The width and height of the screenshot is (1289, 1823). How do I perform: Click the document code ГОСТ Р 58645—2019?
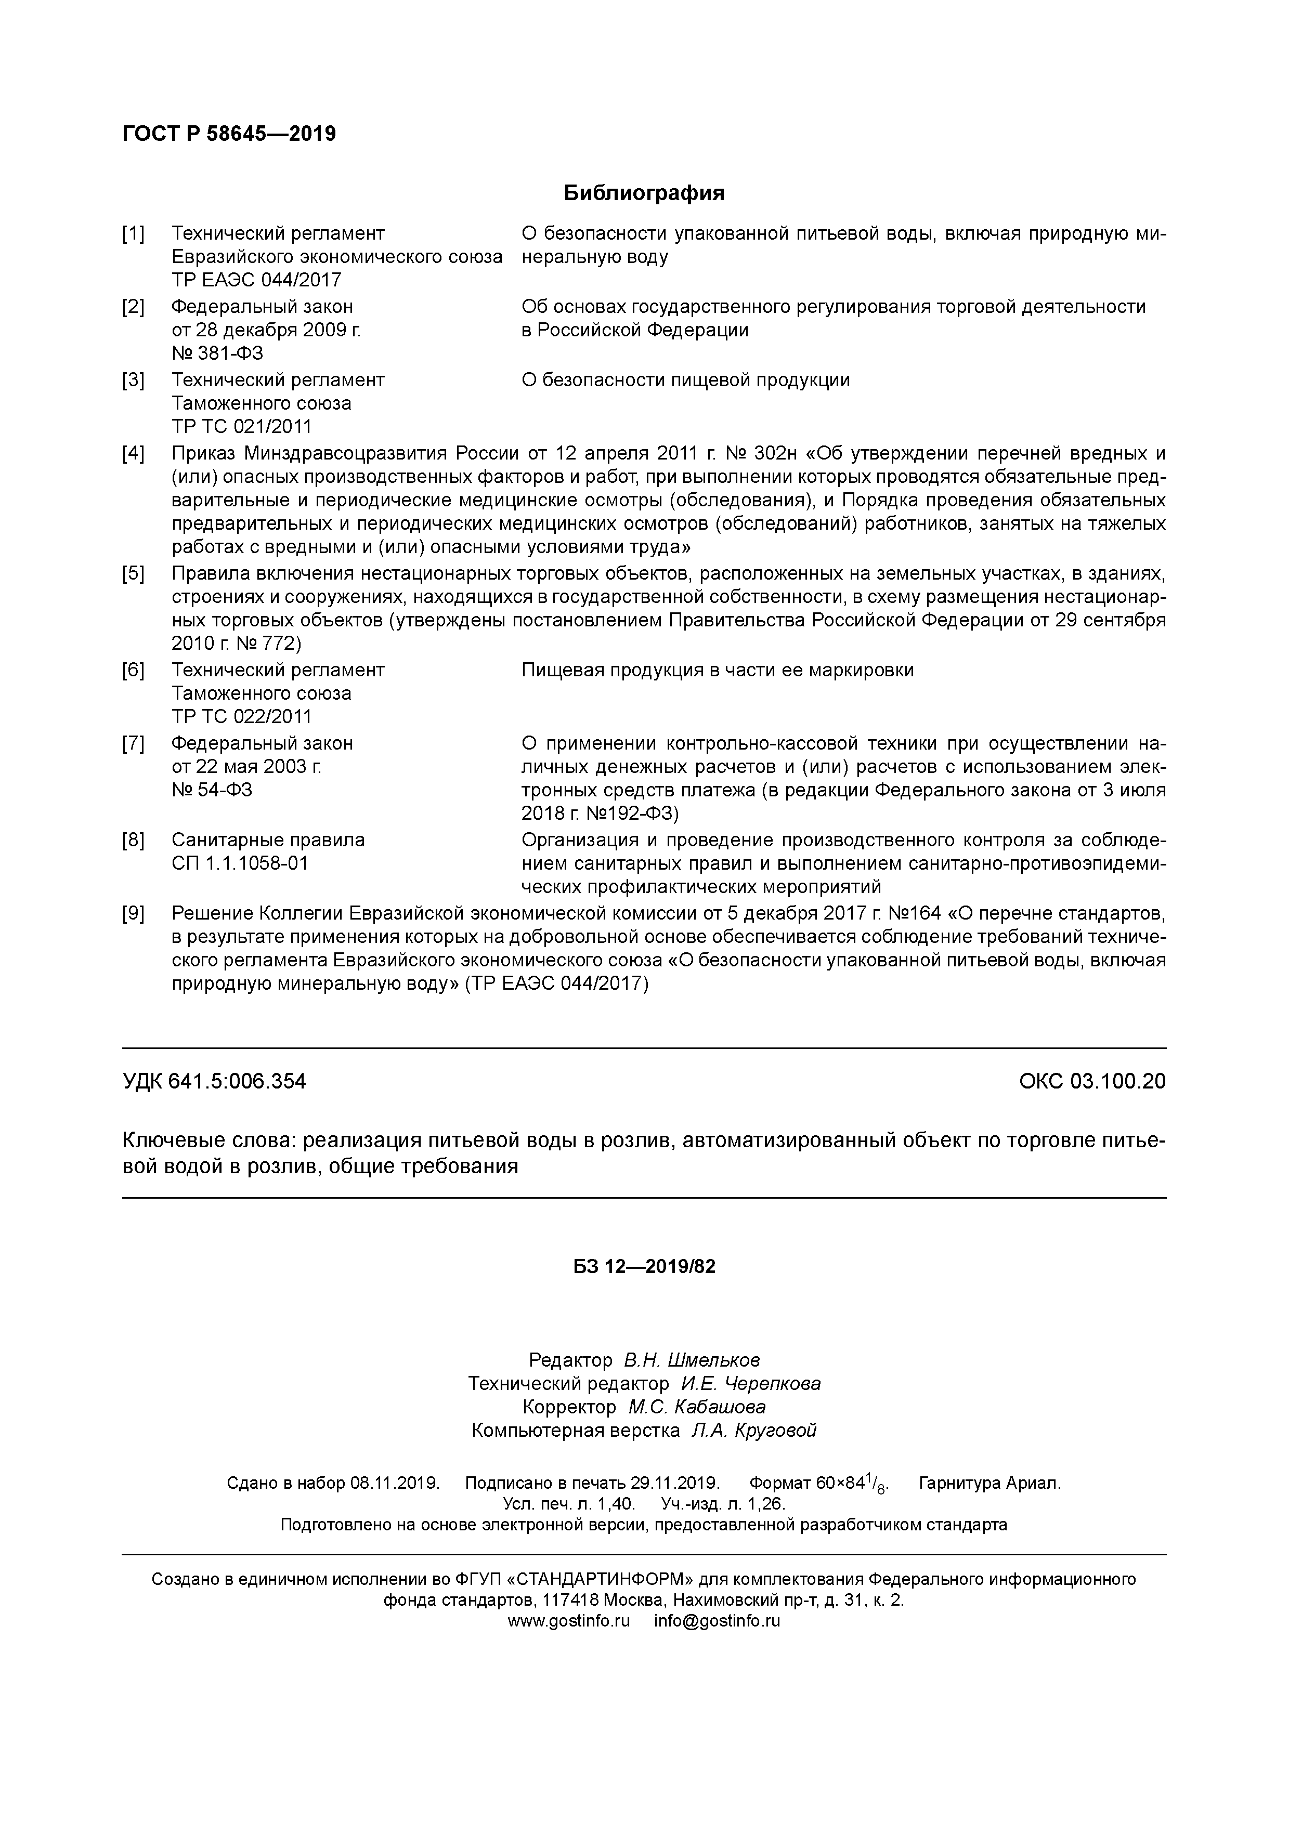click(229, 134)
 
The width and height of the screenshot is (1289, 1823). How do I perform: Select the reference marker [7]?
click(134, 743)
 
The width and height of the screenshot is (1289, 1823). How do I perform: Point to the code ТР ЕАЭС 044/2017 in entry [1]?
click(256, 280)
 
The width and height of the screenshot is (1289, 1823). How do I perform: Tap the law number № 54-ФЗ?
click(212, 789)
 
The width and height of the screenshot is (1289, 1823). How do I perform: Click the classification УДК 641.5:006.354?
click(214, 1081)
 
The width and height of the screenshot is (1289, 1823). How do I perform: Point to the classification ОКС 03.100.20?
click(1092, 1081)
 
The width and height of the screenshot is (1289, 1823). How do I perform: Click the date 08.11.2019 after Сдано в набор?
click(395, 1483)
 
